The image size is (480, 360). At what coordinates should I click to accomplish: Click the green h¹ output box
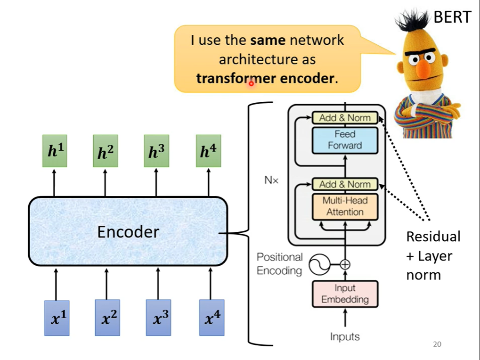pos(55,151)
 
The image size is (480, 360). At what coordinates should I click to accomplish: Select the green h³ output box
pos(156,151)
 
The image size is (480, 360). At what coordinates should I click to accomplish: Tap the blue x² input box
pos(107,318)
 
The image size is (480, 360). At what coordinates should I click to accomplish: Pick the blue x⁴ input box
pos(212,318)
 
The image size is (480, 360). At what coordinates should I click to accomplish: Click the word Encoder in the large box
pos(128,232)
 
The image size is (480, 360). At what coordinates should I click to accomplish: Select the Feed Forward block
pos(345,140)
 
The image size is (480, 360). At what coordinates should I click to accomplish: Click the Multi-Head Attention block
pos(345,206)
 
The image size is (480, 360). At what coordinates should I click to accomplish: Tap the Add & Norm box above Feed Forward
pos(345,118)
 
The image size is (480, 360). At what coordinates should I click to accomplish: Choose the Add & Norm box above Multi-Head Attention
pos(345,184)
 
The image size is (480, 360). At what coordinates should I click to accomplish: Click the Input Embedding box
pos(345,294)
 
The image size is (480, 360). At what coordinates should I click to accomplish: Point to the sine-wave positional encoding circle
pos(319,264)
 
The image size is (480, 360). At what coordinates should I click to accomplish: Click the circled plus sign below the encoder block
pos(345,264)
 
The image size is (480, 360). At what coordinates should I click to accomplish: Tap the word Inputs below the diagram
pos(345,337)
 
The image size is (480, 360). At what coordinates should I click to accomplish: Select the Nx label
pos(271,180)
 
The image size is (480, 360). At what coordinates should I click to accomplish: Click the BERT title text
pos(453,17)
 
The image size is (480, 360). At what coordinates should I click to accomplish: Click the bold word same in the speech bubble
pos(268,40)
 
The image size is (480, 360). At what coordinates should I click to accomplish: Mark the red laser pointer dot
pos(252,83)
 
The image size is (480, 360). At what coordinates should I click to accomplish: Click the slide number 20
pos(437,344)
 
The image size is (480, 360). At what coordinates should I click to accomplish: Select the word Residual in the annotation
pos(433,237)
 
